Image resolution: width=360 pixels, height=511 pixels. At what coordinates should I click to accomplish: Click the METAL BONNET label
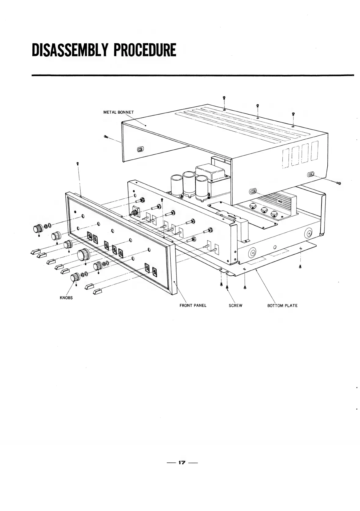[118, 112]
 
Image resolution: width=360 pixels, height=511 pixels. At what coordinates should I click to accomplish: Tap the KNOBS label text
[66, 298]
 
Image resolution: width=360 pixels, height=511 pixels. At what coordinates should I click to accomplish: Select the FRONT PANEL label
[193, 305]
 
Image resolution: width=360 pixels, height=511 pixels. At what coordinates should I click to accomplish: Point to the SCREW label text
[235, 305]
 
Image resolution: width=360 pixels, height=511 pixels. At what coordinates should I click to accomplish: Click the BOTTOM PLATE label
[282, 305]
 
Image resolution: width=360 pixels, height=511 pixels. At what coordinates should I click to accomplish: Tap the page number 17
[182, 462]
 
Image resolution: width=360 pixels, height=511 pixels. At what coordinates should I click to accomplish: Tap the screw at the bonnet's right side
[339, 183]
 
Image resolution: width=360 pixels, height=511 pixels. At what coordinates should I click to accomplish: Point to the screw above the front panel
[78, 164]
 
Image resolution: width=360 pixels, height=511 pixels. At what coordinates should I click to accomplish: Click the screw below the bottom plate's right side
[300, 267]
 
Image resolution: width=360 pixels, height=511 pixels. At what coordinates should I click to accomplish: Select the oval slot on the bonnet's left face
[140, 149]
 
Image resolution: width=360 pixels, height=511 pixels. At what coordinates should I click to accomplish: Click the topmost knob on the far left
[38, 228]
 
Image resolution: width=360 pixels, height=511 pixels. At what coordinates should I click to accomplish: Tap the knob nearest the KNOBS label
[75, 278]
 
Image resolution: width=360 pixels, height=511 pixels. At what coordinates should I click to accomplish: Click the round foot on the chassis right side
[308, 233]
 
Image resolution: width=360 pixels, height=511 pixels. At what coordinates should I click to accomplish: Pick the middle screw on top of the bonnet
[258, 106]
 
